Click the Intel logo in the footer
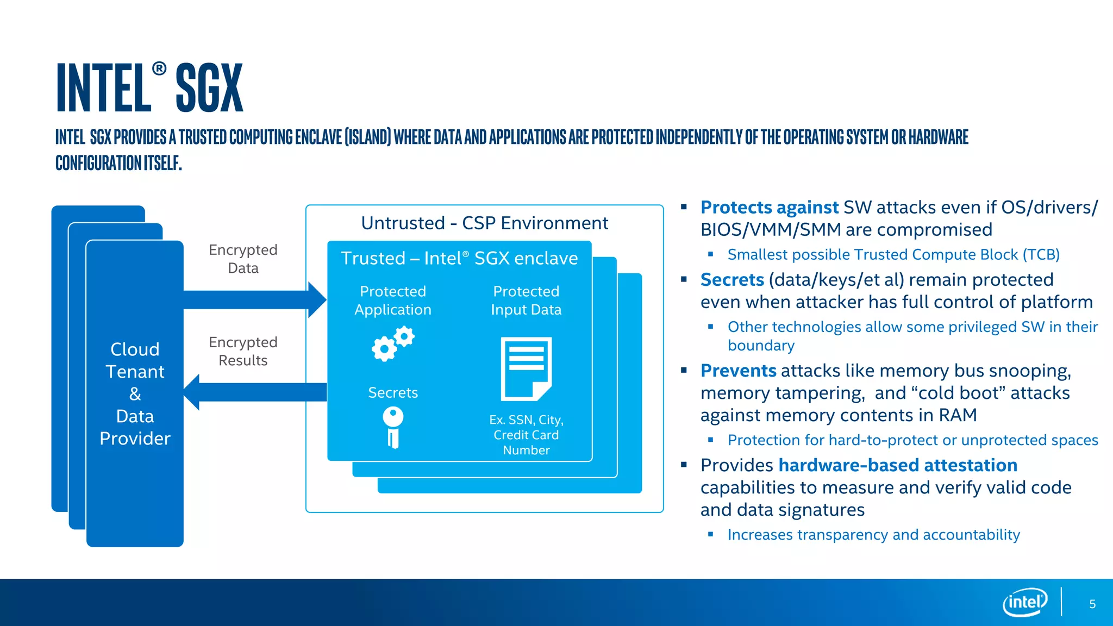[x=1024, y=602]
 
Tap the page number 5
[x=1092, y=604]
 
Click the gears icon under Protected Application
[x=393, y=343]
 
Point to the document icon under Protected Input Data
[x=526, y=369]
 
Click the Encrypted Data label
[x=243, y=259]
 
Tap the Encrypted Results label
[x=243, y=351]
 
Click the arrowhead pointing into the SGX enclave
[x=316, y=300]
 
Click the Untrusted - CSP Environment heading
[x=484, y=223]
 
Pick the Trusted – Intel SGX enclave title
[x=459, y=258]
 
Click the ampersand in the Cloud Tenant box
[x=135, y=394]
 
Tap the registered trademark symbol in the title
[x=159, y=68]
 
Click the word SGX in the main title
[x=209, y=89]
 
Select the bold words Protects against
[x=769, y=208]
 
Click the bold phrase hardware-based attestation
[x=897, y=465]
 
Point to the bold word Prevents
[x=738, y=371]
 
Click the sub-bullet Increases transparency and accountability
[x=873, y=535]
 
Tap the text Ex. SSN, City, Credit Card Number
[x=526, y=435]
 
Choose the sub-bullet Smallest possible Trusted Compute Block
[x=893, y=254]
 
